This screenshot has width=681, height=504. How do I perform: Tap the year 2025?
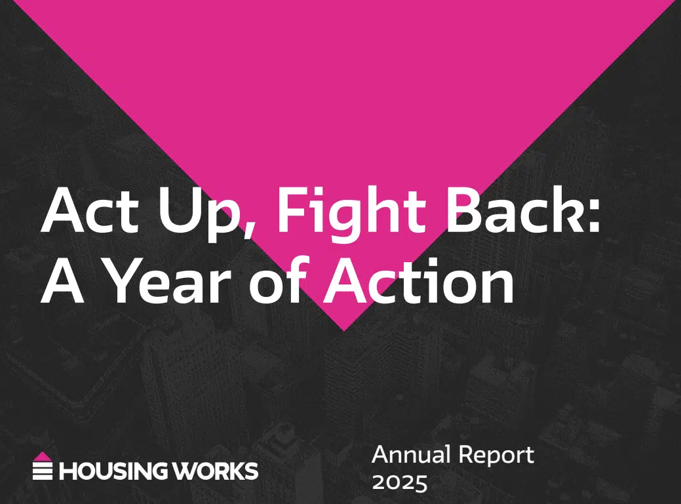(400, 483)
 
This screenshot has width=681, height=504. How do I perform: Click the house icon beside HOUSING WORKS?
(43, 466)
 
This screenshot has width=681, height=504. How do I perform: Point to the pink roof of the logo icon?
(43, 456)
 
